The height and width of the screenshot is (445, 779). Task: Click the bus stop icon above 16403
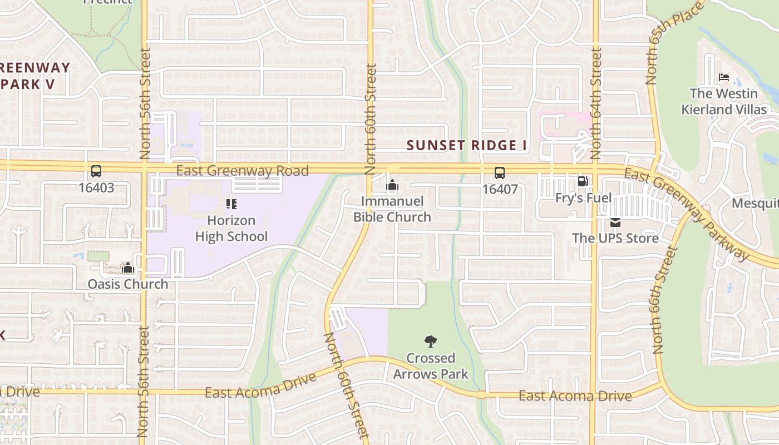[96, 171]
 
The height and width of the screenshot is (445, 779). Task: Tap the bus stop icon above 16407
[500, 173]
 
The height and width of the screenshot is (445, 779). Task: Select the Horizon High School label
[231, 229]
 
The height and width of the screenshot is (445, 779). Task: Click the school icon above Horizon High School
[231, 204]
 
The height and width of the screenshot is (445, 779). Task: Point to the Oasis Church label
[127, 284]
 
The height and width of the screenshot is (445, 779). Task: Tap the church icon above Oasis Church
[128, 268]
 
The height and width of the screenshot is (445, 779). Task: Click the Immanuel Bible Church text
[392, 209]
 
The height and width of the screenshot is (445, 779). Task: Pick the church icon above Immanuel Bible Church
[392, 185]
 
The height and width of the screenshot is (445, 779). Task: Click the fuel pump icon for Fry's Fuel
[583, 181]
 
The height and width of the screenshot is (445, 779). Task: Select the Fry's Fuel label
[583, 198]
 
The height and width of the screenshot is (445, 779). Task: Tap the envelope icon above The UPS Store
[615, 222]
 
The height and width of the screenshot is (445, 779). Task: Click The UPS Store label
[615, 238]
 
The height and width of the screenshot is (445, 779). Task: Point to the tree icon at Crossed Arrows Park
[430, 342]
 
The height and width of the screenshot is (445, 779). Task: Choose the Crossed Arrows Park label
[431, 366]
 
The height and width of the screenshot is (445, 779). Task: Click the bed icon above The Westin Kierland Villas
[723, 77]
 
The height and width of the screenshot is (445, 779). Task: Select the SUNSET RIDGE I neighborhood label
[467, 146]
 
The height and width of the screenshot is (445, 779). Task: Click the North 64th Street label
[596, 103]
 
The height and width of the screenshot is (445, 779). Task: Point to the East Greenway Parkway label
[688, 214]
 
